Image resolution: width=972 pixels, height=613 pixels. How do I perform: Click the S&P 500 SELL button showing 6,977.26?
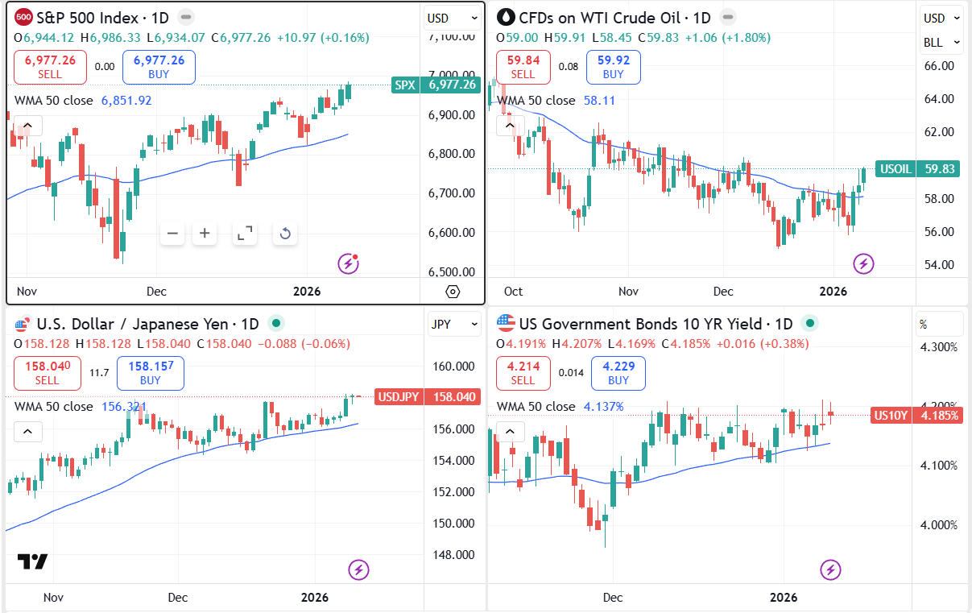(x=50, y=67)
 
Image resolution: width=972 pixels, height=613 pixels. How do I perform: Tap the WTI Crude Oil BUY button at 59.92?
(x=613, y=67)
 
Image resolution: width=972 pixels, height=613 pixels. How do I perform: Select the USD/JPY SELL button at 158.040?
(x=48, y=373)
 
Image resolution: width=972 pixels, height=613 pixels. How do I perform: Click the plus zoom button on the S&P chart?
(x=205, y=234)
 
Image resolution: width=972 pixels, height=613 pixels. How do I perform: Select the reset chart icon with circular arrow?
(x=284, y=234)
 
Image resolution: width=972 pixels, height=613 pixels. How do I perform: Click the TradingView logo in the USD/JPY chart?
(x=33, y=561)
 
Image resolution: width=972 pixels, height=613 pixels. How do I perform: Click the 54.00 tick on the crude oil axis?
(x=938, y=265)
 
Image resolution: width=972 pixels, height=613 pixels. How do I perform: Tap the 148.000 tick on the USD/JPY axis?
(x=454, y=554)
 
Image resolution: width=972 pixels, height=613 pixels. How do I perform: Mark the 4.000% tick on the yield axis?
(x=938, y=525)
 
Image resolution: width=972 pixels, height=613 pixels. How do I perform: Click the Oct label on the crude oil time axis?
(x=513, y=292)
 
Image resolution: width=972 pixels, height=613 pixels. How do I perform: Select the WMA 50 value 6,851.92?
(x=126, y=101)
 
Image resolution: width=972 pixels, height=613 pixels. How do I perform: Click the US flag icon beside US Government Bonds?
(x=506, y=324)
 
